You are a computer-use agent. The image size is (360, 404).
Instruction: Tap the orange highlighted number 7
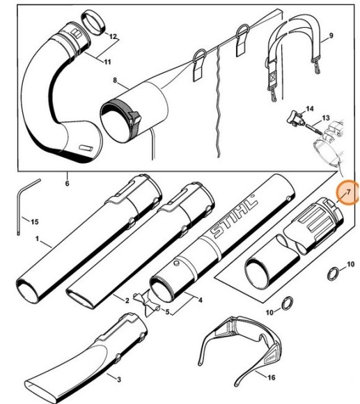347,193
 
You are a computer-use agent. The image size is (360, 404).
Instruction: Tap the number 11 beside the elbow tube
107,62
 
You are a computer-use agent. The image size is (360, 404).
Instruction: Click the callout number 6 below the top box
67,184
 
